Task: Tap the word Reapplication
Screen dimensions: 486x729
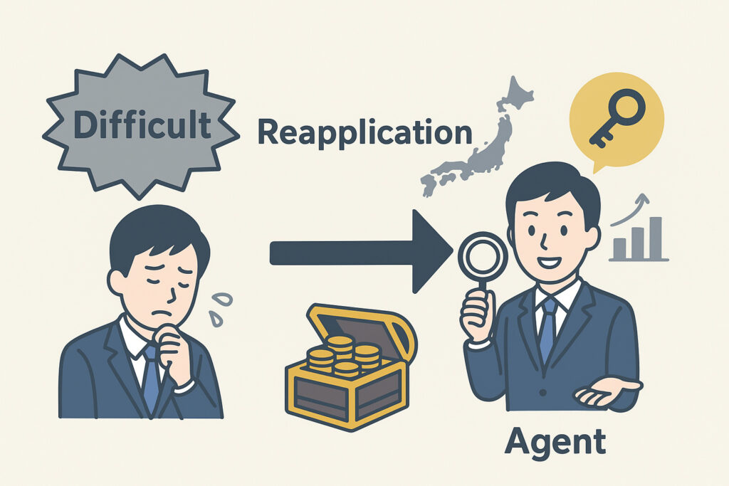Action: [364, 133]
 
